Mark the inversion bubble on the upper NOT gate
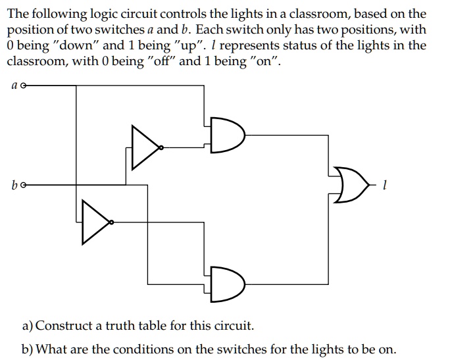click(162, 149)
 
